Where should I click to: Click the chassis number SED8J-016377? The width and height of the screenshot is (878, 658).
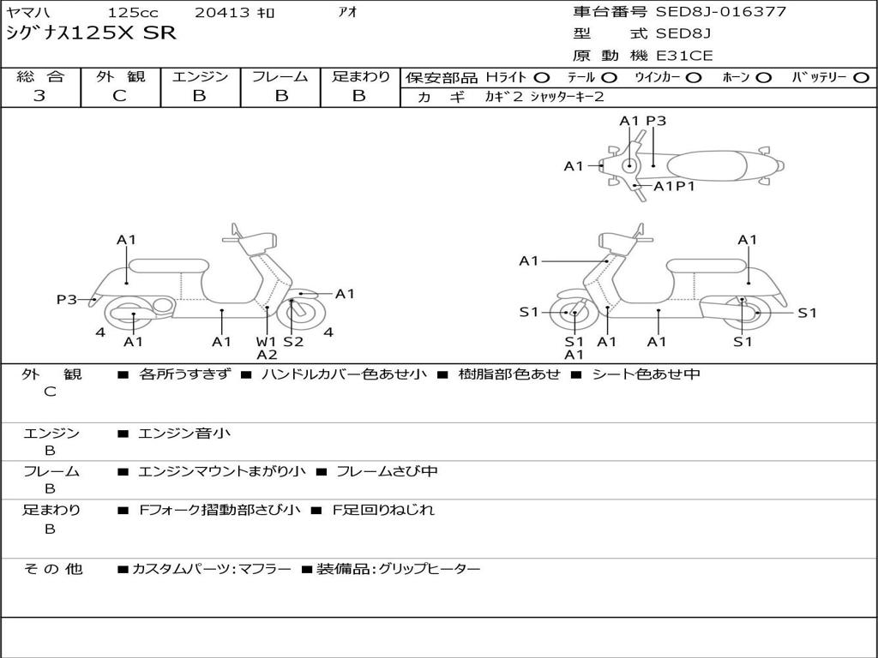click(x=720, y=12)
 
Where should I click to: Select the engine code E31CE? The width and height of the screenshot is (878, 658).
click(x=684, y=56)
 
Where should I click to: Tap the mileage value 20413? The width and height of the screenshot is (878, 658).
click(x=222, y=13)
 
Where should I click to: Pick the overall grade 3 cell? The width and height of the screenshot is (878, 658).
click(x=39, y=96)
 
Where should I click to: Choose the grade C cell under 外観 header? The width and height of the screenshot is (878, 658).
click(x=120, y=96)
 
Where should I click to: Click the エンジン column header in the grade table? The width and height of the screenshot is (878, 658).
click(x=200, y=76)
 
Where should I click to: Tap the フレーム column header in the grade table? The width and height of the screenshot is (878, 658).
click(x=280, y=76)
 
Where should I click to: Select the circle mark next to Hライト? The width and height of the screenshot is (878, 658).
click(x=542, y=77)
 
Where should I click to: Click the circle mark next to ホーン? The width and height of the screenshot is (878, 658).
click(x=763, y=77)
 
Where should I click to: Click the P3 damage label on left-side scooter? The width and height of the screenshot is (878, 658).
click(x=66, y=300)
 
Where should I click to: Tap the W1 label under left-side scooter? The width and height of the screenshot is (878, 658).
click(x=267, y=342)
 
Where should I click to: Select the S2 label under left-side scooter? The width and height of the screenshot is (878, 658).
click(x=293, y=342)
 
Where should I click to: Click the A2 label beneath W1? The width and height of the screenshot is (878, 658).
click(x=267, y=355)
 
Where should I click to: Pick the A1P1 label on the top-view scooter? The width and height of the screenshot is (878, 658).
click(x=674, y=186)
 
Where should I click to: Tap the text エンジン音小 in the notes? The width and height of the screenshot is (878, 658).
click(x=184, y=434)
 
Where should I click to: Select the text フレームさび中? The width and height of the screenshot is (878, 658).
click(x=387, y=471)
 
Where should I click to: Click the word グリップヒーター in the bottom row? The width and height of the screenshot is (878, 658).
click(x=429, y=569)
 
